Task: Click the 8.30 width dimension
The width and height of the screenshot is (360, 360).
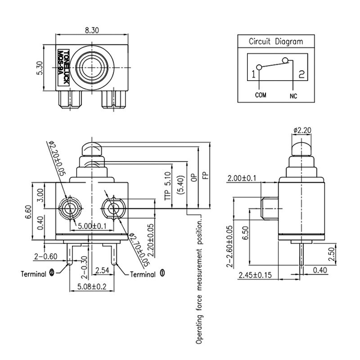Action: pos(92,30)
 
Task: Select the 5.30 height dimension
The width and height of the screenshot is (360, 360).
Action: pos(40,68)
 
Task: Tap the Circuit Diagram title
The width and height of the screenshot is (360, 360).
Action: pos(276,41)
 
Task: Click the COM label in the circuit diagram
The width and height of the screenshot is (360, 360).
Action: pos(261,95)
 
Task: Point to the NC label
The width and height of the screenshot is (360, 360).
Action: pos(293,96)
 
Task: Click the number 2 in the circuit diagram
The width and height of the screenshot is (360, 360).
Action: pos(301,74)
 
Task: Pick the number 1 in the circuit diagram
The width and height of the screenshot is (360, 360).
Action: pos(253,74)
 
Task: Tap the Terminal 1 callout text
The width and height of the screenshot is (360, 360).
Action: pos(147,274)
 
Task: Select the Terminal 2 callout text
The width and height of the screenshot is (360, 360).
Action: pos(37,274)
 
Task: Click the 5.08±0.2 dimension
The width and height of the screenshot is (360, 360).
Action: pos(92,286)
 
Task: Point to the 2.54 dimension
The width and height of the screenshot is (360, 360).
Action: pos(102,270)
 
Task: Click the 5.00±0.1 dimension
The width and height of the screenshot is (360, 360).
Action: pos(92,226)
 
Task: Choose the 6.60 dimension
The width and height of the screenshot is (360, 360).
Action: pos(28,212)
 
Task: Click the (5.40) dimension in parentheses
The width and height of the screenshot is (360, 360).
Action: pos(181,185)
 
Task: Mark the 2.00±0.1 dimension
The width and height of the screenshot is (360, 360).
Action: pos(242,178)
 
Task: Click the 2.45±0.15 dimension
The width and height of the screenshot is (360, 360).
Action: pos(255,274)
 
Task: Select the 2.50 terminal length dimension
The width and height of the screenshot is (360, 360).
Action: pos(332,254)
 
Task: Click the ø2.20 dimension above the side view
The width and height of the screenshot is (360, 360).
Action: pos(302,130)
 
